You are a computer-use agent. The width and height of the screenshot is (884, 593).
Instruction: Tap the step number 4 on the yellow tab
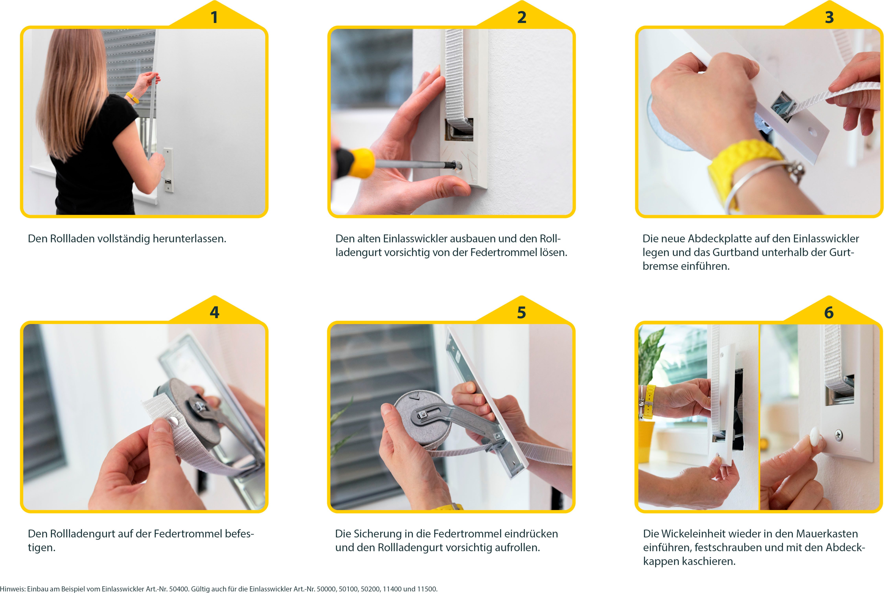pyautogui.click(x=214, y=312)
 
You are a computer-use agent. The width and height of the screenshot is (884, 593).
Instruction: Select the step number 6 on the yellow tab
pyautogui.click(x=829, y=312)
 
